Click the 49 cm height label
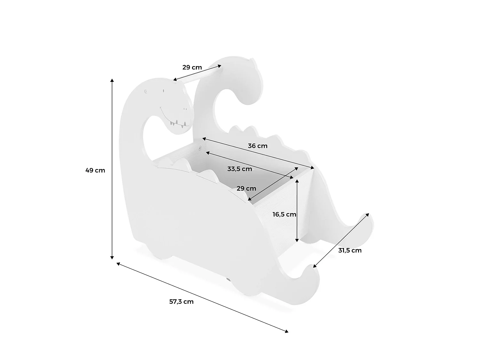point(95,170)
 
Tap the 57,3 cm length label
point(181,302)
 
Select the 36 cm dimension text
point(258,146)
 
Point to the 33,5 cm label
point(240,169)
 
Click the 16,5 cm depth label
point(284,214)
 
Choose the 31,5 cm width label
point(350,251)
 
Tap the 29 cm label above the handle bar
point(192,67)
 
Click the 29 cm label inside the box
point(246,188)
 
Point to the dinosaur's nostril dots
point(185,108)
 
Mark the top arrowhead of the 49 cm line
point(112,80)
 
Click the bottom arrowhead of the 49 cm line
point(112,258)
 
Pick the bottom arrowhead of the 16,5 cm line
point(297,240)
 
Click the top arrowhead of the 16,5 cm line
point(297,181)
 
